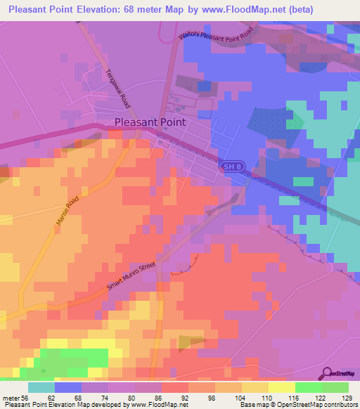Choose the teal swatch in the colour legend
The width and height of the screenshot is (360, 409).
pos(41,387)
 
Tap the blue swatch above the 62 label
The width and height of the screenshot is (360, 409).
pos(68,387)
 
